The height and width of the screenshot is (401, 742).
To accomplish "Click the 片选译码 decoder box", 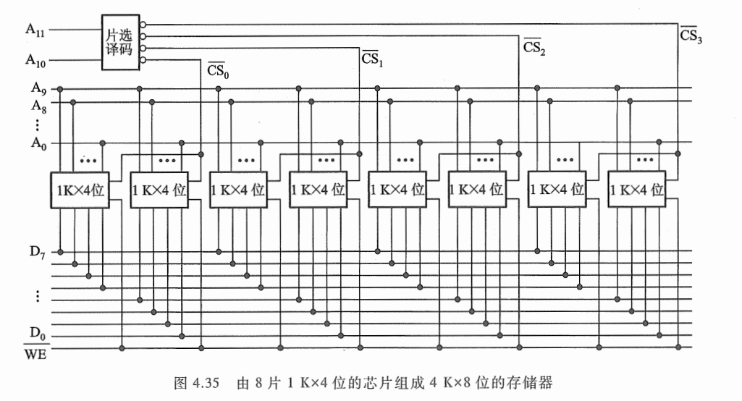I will click(x=119, y=42).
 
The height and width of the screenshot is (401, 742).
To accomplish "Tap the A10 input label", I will click(x=35, y=62).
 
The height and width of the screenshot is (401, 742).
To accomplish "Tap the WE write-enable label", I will click(x=34, y=354).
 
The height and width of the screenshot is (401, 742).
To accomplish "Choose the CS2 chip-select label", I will click(x=534, y=46).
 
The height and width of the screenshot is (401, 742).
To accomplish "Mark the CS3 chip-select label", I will click(x=691, y=34).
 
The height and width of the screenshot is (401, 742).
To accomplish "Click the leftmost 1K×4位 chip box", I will click(x=80, y=190).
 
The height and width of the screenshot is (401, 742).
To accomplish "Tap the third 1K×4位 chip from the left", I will click(x=238, y=190).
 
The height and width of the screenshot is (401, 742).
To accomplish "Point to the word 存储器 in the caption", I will click(x=534, y=381).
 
